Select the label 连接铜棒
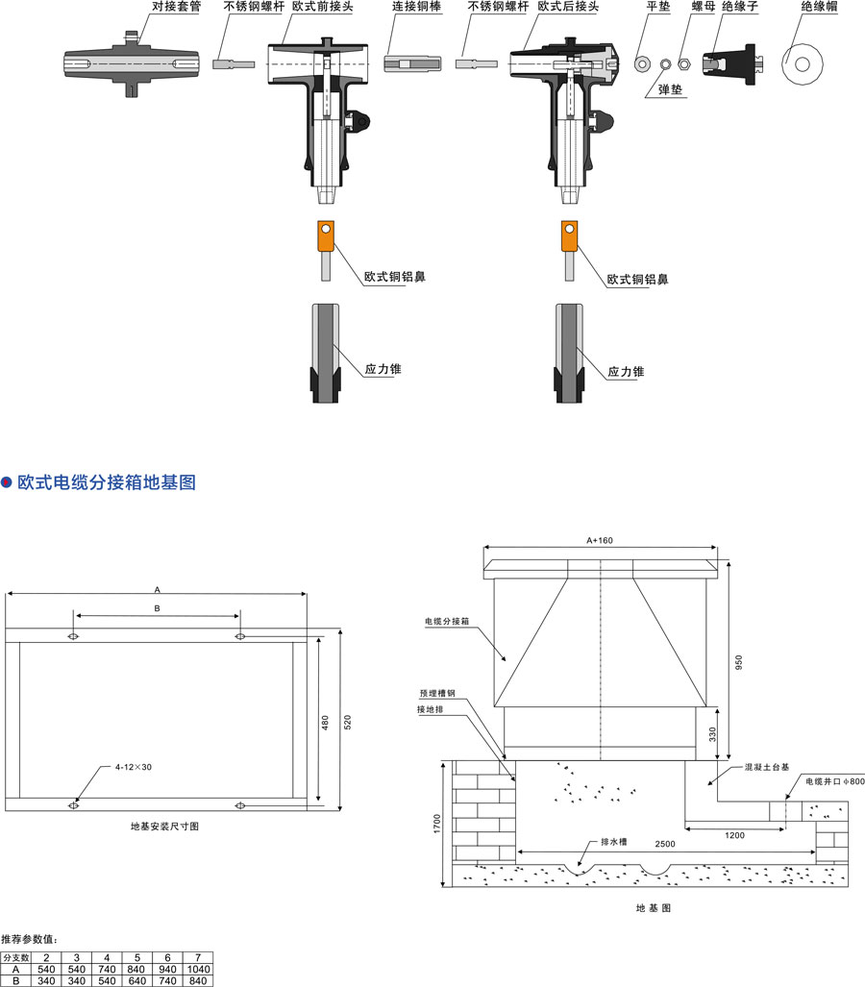[x=416, y=7]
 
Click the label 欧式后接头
[x=567, y=7]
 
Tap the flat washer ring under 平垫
[x=642, y=63]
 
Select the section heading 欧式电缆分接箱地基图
[x=106, y=482]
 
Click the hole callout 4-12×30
[x=135, y=768]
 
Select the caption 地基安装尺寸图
[x=164, y=826]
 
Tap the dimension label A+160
[x=599, y=540]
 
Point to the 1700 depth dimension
[x=437, y=823]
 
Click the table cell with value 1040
[x=199, y=969]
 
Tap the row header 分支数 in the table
[x=16, y=958]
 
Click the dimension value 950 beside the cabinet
[x=739, y=662]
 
